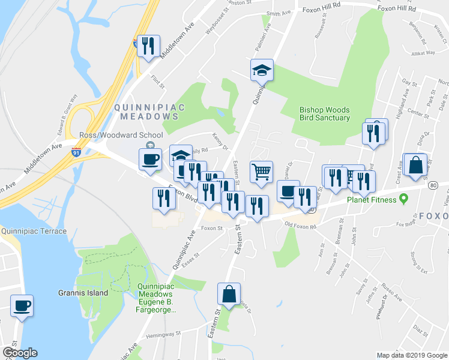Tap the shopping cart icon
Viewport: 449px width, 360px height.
(261, 172)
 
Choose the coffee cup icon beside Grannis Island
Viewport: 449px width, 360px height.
(22, 305)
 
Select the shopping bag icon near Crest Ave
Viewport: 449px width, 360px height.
(415, 165)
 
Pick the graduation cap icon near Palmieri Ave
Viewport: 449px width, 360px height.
(262, 70)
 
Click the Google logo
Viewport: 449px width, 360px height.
(20, 353)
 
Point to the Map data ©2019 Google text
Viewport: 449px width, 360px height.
(412, 355)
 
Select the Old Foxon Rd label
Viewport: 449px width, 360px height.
(300, 225)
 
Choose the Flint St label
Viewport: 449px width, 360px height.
(158, 80)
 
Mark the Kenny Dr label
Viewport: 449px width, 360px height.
(220, 146)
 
